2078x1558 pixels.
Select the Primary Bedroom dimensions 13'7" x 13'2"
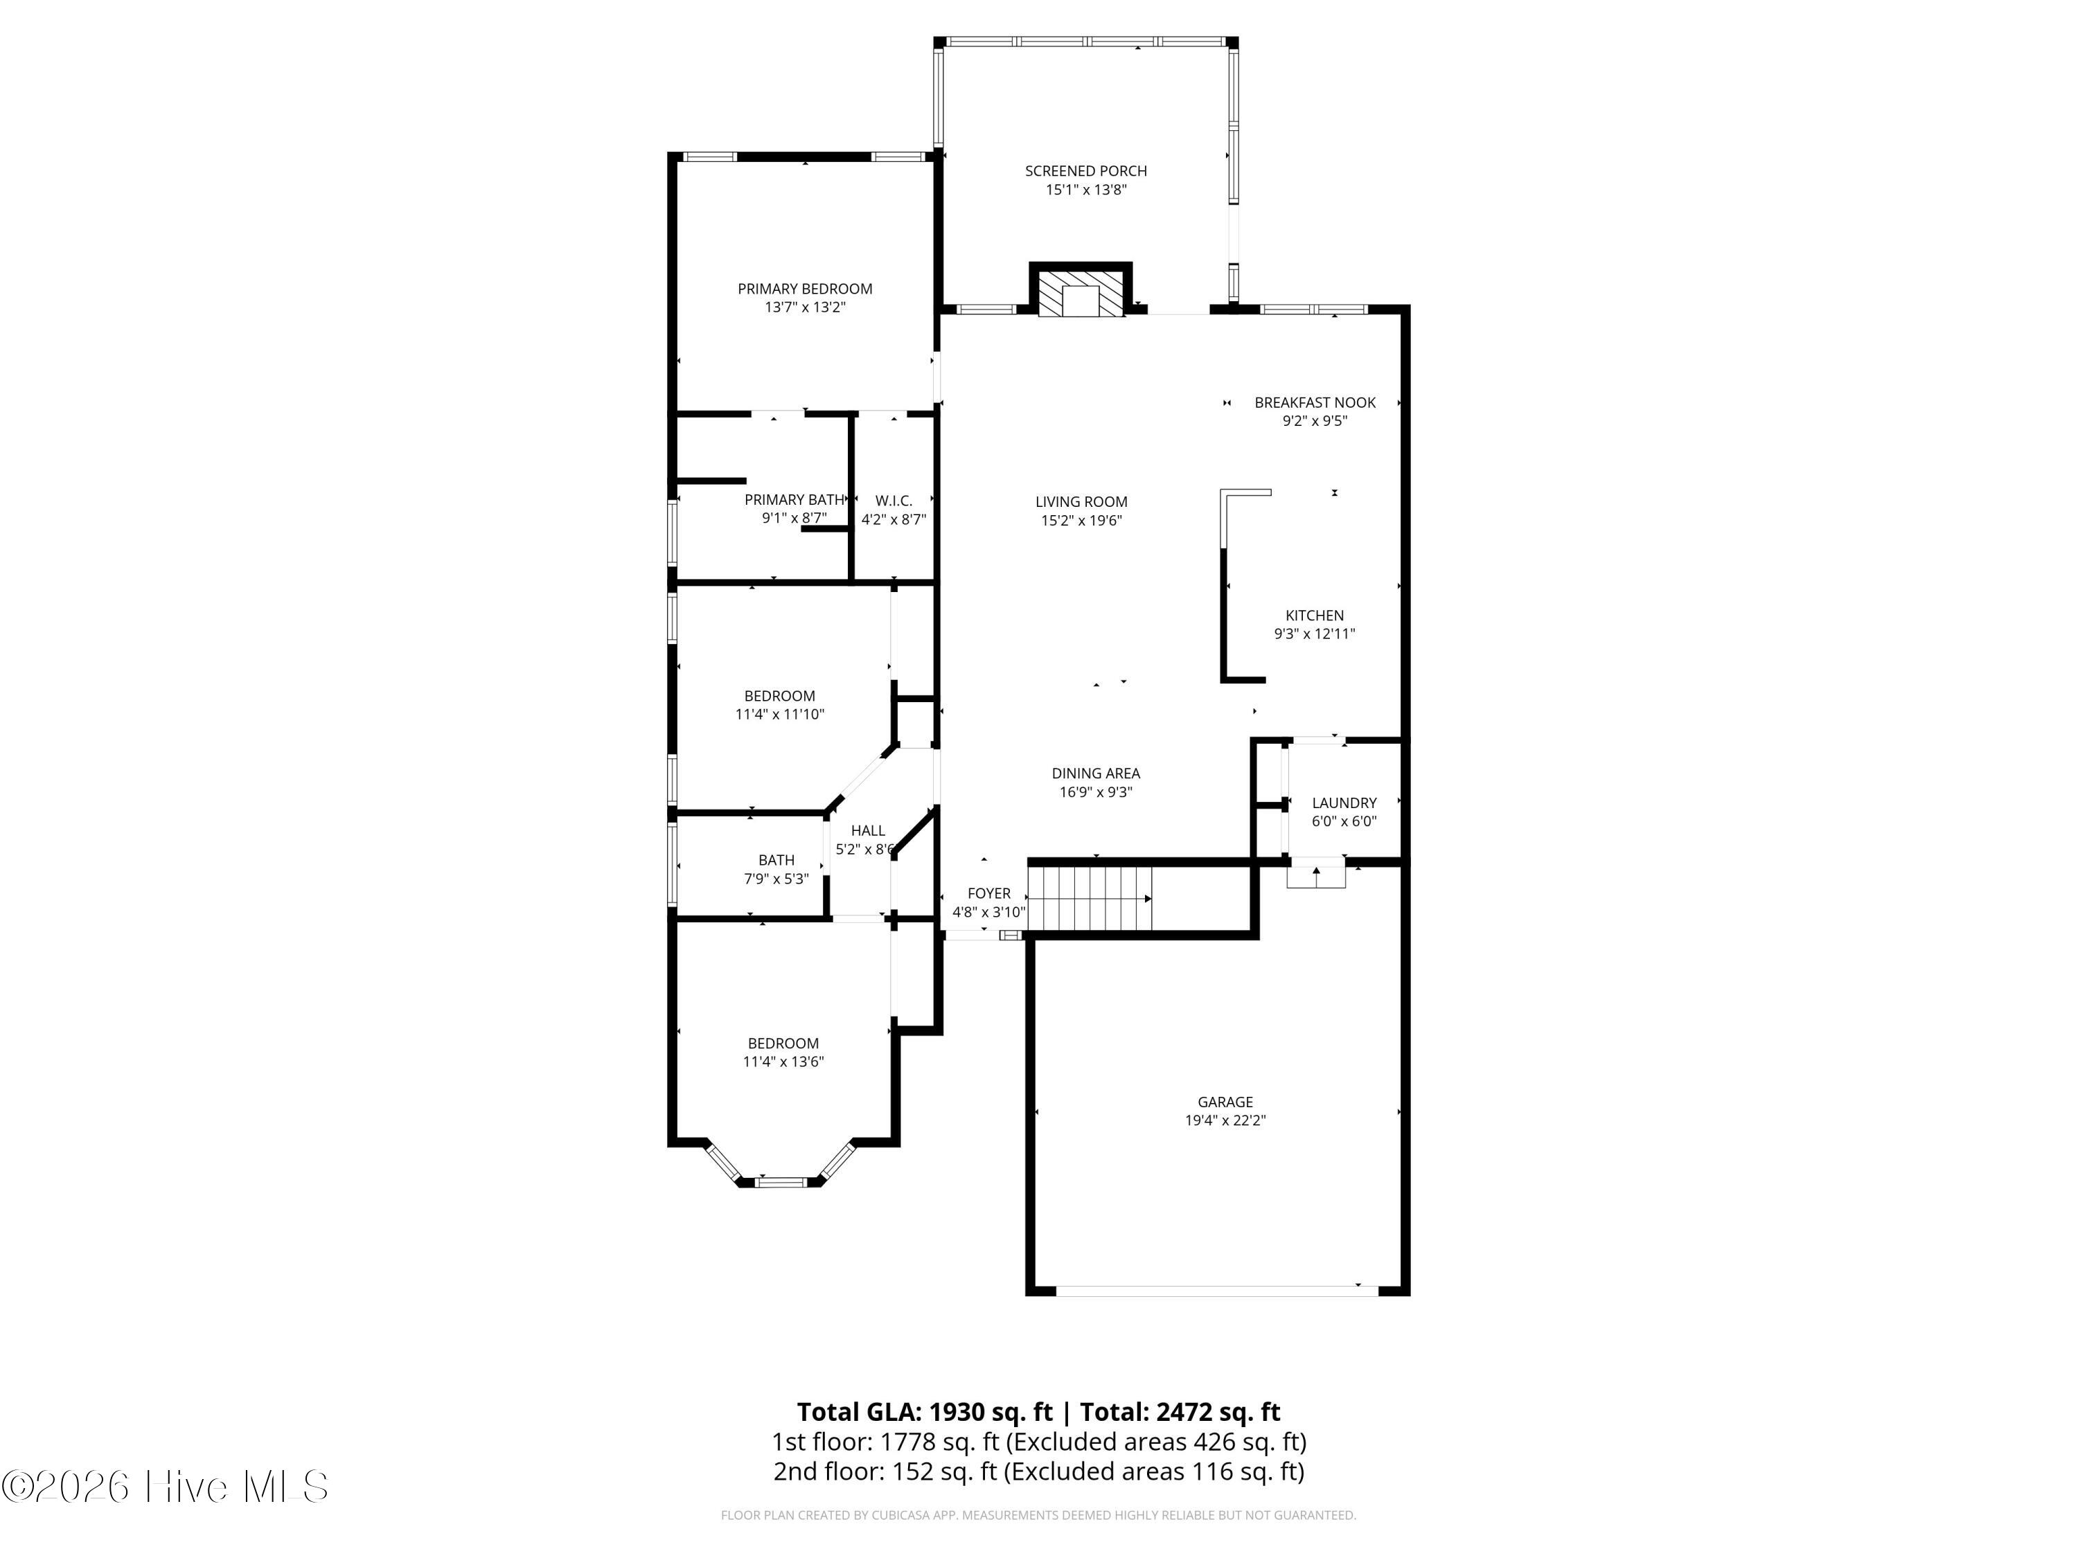point(805,307)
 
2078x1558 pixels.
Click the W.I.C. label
point(894,501)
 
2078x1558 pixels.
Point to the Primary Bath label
point(794,500)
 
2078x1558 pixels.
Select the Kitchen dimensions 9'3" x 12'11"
point(1314,634)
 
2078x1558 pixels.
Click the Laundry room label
point(1343,803)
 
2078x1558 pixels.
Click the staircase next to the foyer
point(1090,898)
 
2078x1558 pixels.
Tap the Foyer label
point(989,894)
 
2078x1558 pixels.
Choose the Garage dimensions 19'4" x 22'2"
point(1225,1120)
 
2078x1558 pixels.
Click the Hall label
point(867,831)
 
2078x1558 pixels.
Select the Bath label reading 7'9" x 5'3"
point(776,870)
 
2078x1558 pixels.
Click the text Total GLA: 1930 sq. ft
point(925,1411)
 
